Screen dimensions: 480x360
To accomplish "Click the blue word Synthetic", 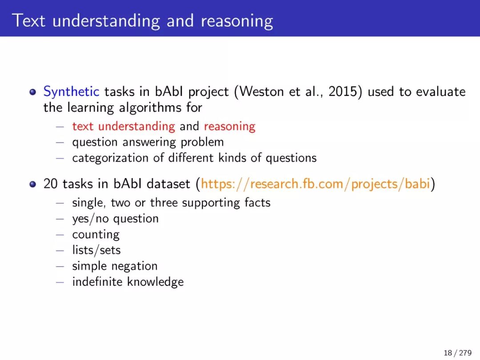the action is pos(71,92).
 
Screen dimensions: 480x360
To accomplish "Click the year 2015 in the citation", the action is pos(343,92).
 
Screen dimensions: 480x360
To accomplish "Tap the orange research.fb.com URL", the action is pos(315,184).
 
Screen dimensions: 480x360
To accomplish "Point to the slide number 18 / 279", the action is pos(457,352).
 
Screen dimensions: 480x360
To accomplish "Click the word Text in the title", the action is pos(29,21).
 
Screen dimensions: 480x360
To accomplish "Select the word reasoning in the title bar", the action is pos(236,21).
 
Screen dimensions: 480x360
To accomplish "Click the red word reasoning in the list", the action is pos(230,126).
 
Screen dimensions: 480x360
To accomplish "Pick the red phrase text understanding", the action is pos(124,126).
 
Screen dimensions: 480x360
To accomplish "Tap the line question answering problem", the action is pos(148,142).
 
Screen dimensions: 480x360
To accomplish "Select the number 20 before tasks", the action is pos(51,184).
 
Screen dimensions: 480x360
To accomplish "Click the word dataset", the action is pos(168,184).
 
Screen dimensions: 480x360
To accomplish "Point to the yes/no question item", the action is pos(116,219).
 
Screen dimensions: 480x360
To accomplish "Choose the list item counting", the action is pos(96,235).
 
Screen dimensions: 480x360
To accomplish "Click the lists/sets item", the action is pos(96,250).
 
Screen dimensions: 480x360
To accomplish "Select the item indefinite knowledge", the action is pos(128,282).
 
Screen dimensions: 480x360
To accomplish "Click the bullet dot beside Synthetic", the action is pos(33,92).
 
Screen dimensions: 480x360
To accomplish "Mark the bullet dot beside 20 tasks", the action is pos(33,184).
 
